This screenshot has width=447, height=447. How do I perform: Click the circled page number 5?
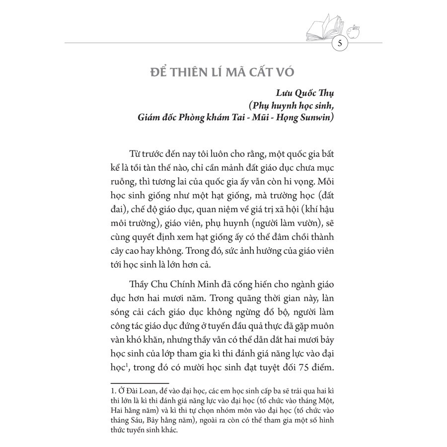(x=340, y=43)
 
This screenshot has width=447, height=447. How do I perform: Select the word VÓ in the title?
(x=285, y=71)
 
